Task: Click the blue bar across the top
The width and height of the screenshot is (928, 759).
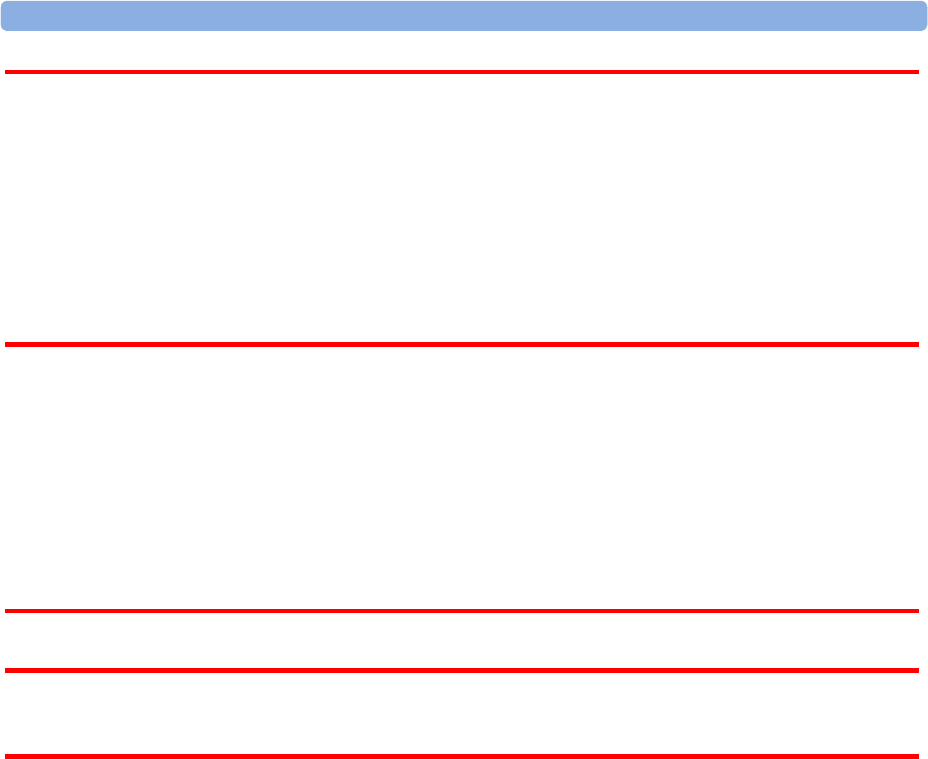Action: [x=464, y=15]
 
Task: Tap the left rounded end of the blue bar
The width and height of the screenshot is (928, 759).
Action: [x=6, y=15]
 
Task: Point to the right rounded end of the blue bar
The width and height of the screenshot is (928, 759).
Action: [x=921, y=15]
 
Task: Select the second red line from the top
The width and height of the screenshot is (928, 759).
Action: [x=464, y=344]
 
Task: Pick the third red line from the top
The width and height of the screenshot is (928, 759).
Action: [x=464, y=611]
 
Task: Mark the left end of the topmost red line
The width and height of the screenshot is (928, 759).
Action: [x=7, y=72]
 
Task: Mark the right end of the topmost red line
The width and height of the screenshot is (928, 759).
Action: [x=917, y=72]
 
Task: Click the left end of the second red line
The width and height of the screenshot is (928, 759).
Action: [x=7, y=344]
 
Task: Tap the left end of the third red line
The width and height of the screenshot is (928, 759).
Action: [x=7, y=611]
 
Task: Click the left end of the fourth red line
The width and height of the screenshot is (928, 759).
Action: [x=7, y=670]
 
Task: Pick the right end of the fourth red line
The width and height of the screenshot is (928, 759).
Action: [x=917, y=670]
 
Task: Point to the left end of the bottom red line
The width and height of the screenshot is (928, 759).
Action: [x=7, y=756]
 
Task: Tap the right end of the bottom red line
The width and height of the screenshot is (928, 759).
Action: [x=917, y=756]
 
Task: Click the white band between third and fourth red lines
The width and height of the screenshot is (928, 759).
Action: [x=464, y=640]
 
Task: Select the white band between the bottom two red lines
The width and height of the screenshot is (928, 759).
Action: [x=464, y=713]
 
